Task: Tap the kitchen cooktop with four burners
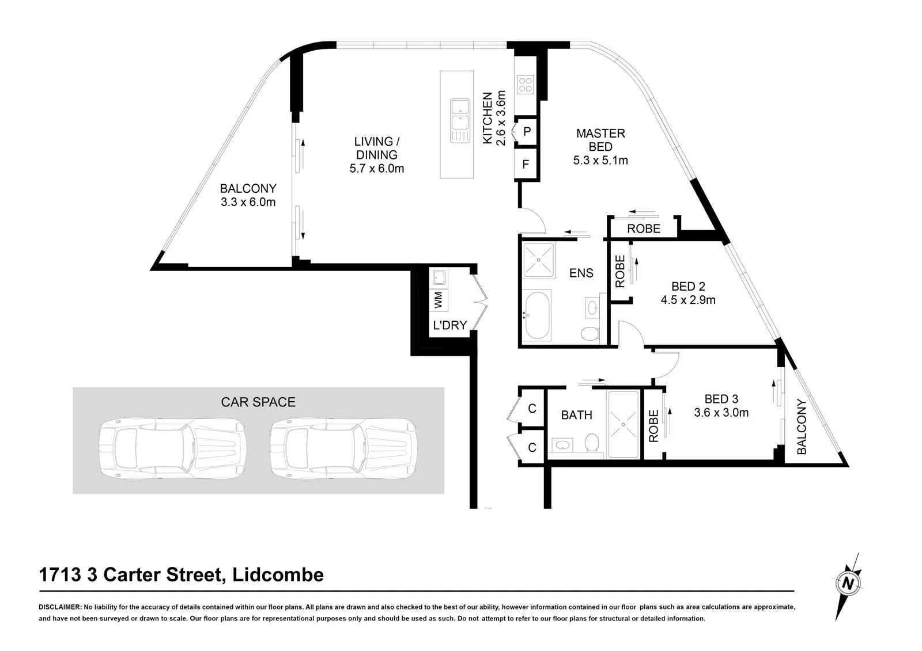[526, 85]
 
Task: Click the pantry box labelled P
[527, 132]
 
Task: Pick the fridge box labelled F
[526, 165]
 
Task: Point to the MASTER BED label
[600, 140]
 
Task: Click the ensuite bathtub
[537, 315]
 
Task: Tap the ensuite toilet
[591, 333]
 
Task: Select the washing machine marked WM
[439, 300]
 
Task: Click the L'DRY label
[450, 325]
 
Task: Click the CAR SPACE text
[258, 402]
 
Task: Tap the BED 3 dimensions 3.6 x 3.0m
[721, 413]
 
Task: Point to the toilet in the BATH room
[592, 443]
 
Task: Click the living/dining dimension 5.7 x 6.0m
[377, 169]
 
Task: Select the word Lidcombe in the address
[278, 575]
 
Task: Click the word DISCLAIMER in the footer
[60, 607]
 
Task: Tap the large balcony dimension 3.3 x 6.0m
[248, 203]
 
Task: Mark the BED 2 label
[688, 286]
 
